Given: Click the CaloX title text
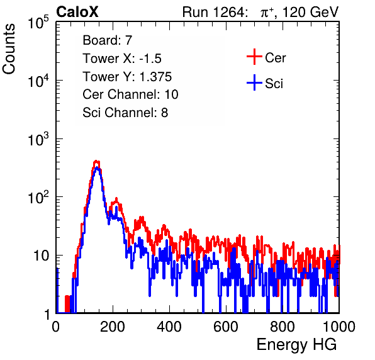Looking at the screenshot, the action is click(77, 12).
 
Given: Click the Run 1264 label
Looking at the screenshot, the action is click(213, 12).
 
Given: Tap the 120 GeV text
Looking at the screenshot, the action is click(310, 12).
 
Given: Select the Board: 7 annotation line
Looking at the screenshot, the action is click(108, 40).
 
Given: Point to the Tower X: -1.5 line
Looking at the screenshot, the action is click(122, 58).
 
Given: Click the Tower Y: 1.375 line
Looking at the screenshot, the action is click(127, 76).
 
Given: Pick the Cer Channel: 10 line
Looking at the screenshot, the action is click(130, 94).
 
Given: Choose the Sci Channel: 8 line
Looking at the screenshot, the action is click(125, 113).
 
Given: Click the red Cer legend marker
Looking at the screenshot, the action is click(254, 57).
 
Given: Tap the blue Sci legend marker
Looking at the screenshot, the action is click(254, 82).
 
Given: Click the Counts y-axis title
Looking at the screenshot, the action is click(9, 49).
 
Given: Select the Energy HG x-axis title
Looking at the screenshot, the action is click(296, 345).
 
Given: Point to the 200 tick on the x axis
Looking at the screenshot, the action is click(113, 327).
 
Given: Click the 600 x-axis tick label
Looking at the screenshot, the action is click(226, 327).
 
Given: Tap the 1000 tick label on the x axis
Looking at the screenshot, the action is click(339, 327).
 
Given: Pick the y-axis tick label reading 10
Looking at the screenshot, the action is click(41, 256).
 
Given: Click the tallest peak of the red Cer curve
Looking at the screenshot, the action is click(96, 161).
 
